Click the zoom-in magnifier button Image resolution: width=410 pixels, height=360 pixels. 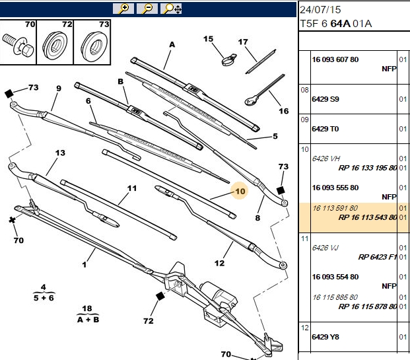click(x=123, y=9)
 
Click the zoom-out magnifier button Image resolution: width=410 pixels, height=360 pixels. click(x=147, y=9)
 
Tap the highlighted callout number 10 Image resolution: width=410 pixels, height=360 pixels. click(x=240, y=192)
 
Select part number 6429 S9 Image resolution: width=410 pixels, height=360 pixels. click(x=325, y=99)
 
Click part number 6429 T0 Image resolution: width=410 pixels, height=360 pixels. click(x=325, y=129)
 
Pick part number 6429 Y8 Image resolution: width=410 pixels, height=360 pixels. click(x=325, y=337)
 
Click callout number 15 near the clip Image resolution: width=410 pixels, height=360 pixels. click(x=208, y=39)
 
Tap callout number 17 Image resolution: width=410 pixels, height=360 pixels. click(x=243, y=42)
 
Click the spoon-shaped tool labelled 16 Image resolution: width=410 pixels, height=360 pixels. click(x=264, y=90)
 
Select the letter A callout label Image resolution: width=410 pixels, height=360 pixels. click(x=172, y=44)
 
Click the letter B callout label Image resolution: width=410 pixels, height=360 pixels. click(x=120, y=81)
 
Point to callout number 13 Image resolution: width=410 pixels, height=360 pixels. click(x=60, y=153)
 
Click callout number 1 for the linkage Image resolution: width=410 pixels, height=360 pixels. click(x=85, y=264)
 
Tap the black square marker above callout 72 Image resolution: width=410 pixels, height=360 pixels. click(x=160, y=296)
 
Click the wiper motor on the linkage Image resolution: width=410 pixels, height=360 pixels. click(x=219, y=295)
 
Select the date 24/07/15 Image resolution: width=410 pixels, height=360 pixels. click(x=320, y=10)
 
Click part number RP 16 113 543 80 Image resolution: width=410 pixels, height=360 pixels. click(x=368, y=217)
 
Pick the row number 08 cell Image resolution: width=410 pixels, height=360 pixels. click(x=304, y=90)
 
